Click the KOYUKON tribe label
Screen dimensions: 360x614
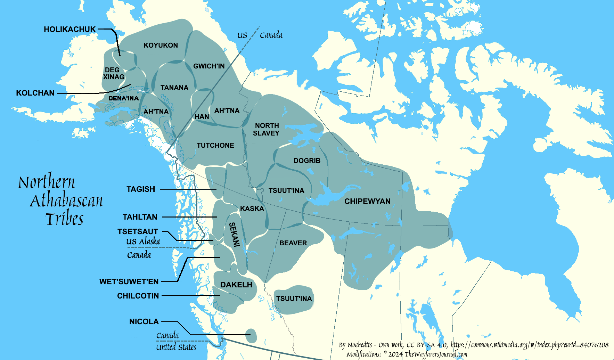161,45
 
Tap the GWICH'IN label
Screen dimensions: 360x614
209,66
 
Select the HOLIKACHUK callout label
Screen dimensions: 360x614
69,29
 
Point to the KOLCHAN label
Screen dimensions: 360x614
35,93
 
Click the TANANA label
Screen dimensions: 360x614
174,88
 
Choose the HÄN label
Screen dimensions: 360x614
202,116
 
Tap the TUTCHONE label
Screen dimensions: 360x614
215,145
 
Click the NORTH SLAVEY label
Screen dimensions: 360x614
266,129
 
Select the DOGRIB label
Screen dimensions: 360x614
307,161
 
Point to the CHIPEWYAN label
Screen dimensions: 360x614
367,201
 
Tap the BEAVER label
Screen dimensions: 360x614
293,243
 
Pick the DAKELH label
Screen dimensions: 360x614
236,285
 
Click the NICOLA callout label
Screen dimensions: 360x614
144,321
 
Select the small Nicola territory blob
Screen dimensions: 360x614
251,336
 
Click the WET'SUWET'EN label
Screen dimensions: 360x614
129,281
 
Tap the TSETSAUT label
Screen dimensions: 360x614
138,231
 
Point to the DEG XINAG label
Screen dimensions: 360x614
113,73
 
